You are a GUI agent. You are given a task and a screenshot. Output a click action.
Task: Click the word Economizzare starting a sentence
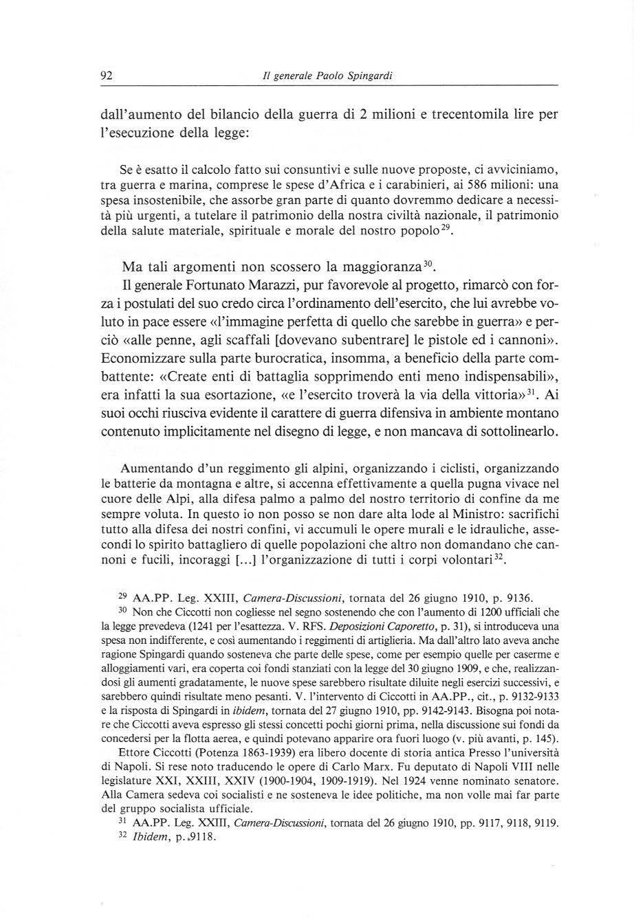pyautogui.click(x=142, y=359)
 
